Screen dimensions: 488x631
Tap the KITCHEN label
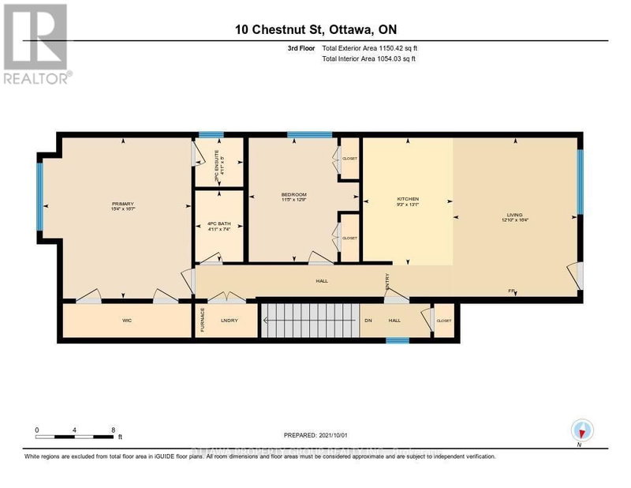coord(407,198)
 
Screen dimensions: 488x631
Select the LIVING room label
coord(513,214)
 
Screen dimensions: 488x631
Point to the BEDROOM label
coord(293,194)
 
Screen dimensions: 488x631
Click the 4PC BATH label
coord(218,224)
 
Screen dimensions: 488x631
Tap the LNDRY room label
coord(229,321)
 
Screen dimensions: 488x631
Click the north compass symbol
coord(581,430)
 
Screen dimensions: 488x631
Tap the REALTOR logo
coord(36,43)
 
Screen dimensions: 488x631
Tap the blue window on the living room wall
coord(580,182)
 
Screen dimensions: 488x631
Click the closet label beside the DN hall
coord(443,321)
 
